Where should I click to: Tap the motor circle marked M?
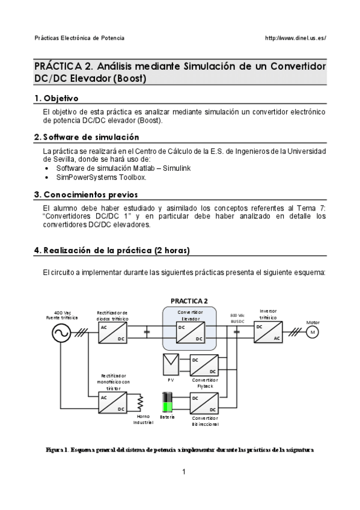tap(312, 333)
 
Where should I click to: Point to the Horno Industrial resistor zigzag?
tap(141, 402)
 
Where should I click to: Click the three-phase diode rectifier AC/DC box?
tap(113, 332)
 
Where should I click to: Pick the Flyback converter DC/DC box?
tap(204, 365)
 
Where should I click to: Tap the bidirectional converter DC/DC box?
tap(204, 402)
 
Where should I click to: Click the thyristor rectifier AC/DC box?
tap(113, 402)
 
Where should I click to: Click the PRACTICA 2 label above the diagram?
tap(189, 301)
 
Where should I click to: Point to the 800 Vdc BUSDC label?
tap(237, 317)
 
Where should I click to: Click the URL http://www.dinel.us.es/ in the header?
tap(295, 38)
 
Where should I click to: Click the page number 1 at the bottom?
tap(184, 472)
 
